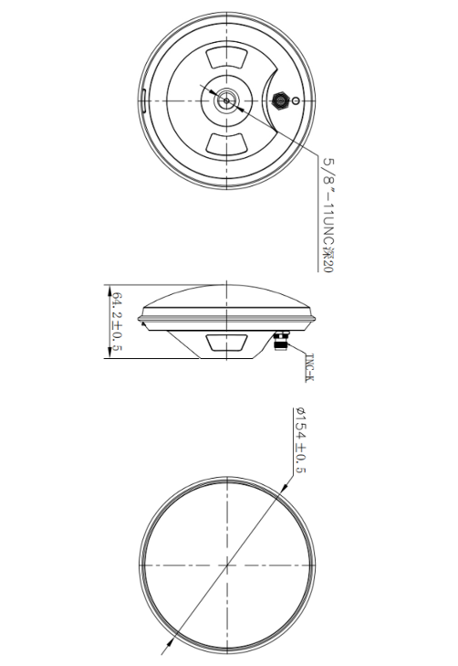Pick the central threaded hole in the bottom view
coord(225,100)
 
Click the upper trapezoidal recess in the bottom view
coord(225,58)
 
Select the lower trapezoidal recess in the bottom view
coord(225,143)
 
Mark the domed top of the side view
coord(225,292)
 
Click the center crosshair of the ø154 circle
coord(225,566)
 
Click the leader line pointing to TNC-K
coord(296,352)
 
